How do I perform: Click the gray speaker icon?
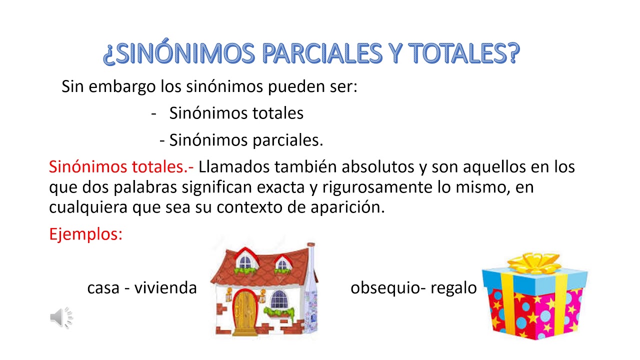(x=61, y=317)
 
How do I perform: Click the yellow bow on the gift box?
(x=533, y=263)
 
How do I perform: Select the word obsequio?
(x=382, y=288)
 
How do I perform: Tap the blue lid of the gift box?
(x=534, y=276)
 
